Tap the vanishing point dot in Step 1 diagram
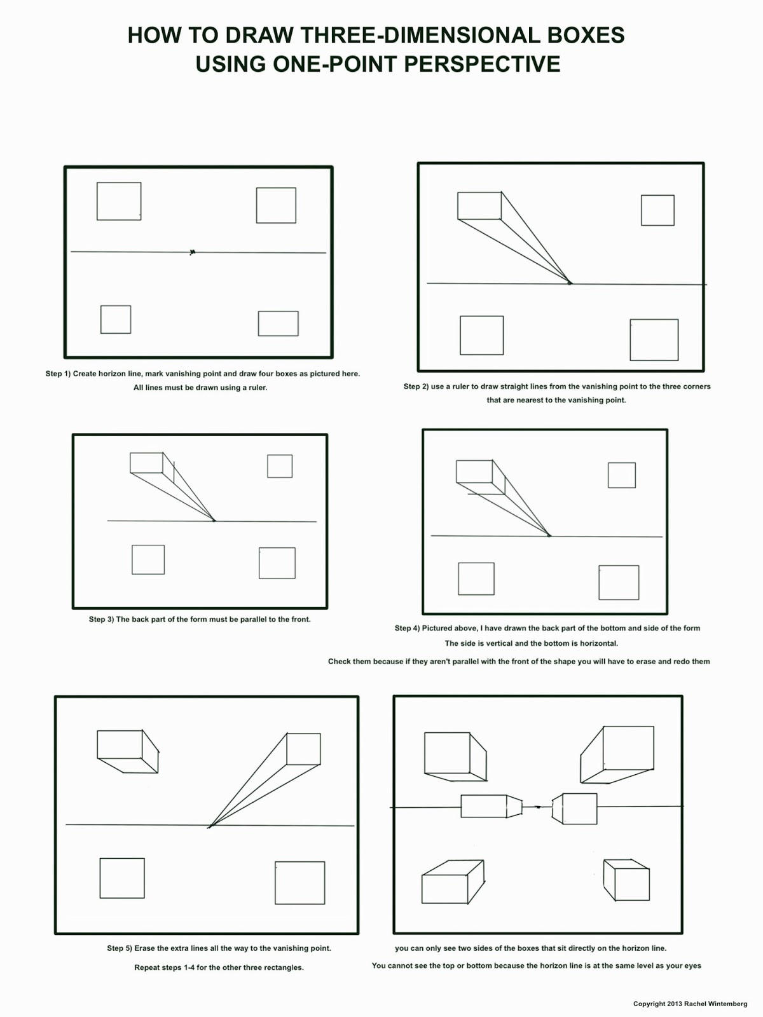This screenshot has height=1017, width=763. (193, 252)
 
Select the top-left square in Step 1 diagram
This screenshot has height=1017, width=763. (119, 201)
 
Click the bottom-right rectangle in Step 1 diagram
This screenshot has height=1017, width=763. (278, 324)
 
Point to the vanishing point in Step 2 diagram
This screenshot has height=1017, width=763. (570, 283)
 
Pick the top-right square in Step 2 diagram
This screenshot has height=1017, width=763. (657, 210)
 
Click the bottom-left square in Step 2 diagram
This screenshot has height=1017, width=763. (481, 336)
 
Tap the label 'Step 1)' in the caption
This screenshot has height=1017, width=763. (58, 374)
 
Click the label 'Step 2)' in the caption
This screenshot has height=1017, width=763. (416, 386)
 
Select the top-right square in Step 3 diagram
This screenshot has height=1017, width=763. (280, 466)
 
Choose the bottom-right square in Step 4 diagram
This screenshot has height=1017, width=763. (619, 582)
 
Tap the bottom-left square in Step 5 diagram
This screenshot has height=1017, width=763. (122, 878)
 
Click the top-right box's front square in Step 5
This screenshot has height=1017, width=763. (303, 749)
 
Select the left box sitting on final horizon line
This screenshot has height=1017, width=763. (490, 806)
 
